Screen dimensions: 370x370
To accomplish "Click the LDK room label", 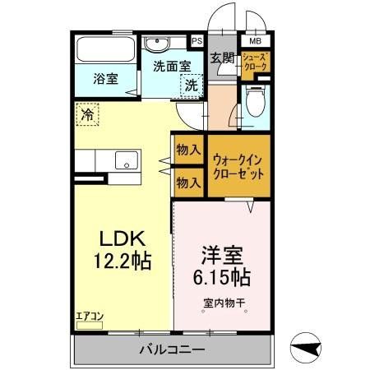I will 123,238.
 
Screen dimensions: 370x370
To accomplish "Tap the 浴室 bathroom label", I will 104,80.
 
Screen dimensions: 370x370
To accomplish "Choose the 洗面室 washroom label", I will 171,67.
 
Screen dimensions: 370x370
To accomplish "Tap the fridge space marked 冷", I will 86,115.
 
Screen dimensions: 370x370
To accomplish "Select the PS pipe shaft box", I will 197,40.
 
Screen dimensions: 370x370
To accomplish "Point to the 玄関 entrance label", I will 222,58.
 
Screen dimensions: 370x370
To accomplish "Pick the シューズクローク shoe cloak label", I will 256,62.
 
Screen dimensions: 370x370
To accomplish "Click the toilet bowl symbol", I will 257,104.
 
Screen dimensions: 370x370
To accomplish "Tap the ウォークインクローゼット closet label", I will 238,167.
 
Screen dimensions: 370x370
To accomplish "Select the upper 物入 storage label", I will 187,150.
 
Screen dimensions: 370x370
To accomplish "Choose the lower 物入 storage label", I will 187,182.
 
